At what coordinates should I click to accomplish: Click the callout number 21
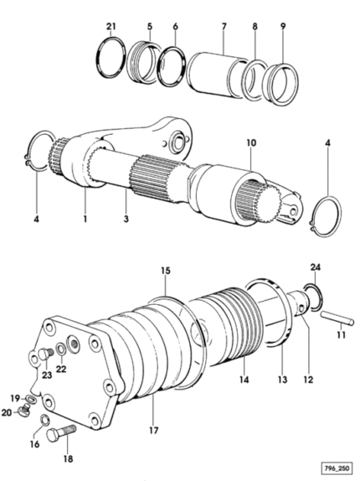(111, 26)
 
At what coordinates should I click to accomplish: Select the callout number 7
(224, 26)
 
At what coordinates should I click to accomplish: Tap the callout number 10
(251, 142)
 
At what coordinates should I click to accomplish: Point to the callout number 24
(316, 267)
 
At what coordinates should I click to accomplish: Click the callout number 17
(154, 431)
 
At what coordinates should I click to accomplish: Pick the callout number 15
(166, 271)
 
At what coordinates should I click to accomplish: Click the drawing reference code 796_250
(337, 468)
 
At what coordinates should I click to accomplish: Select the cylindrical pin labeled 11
(337, 318)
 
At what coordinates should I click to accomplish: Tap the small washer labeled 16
(44, 419)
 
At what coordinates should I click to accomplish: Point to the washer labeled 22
(60, 349)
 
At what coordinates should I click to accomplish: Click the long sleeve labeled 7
(218, 75)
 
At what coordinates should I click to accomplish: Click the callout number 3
(126, 219)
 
